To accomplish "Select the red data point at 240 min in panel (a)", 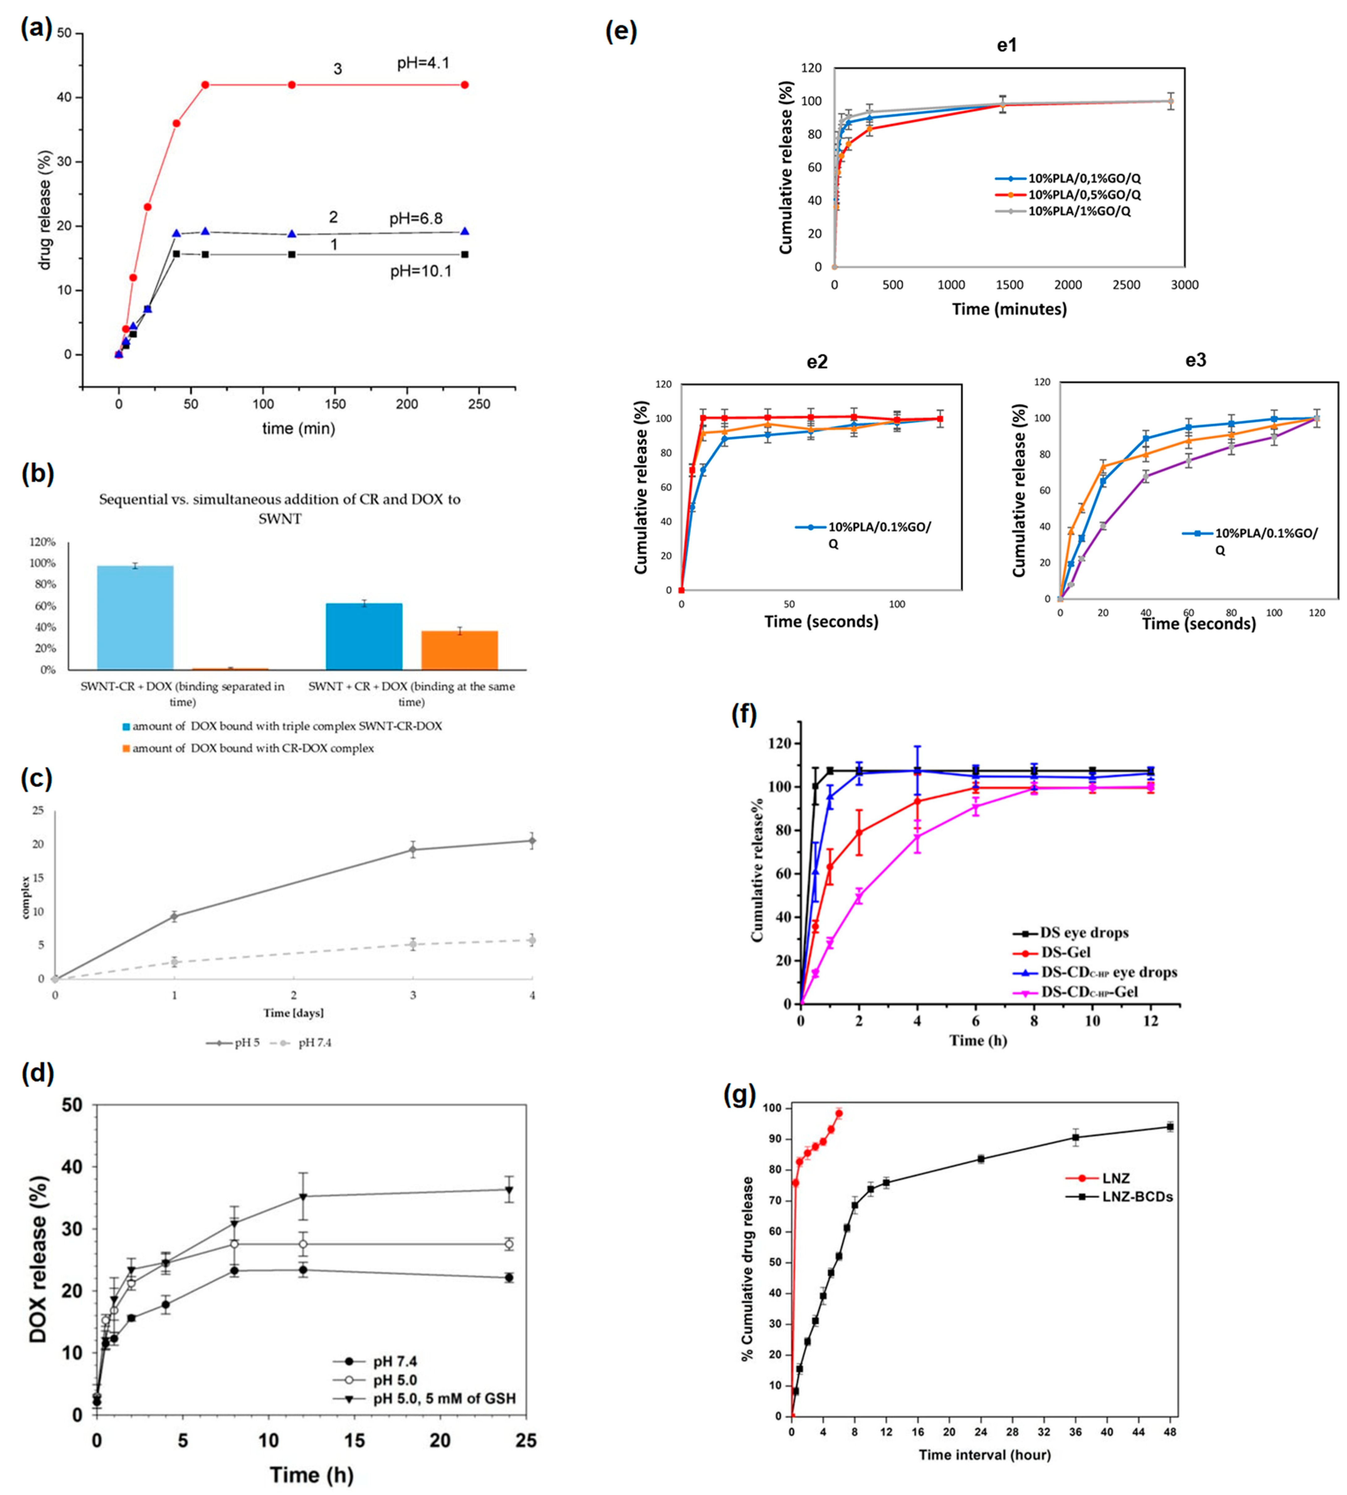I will click(465, 85).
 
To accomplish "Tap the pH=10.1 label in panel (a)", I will click(420, 272).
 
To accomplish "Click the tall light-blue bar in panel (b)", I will click(135, 617).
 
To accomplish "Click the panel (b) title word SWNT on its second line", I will click(280, 519).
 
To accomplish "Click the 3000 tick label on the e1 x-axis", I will click(1184, 285).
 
